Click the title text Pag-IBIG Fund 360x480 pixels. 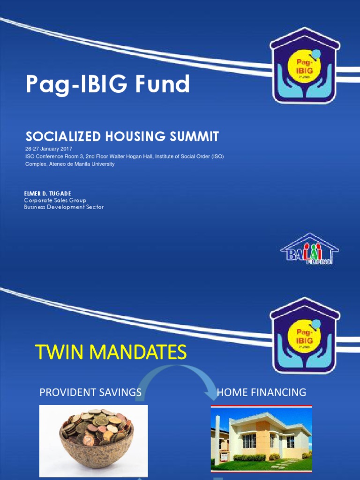coord(108,84)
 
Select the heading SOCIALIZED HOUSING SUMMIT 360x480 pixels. coord(122,137)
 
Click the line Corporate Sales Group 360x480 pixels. coord(55,200)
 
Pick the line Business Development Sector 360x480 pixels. coord(64,207)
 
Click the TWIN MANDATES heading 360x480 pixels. coord(111,352)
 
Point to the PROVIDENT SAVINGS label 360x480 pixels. coord(90,392)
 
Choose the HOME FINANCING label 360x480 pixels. coord(261,392)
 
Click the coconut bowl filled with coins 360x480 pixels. coord(97,435)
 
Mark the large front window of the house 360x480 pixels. coord(249,441)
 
